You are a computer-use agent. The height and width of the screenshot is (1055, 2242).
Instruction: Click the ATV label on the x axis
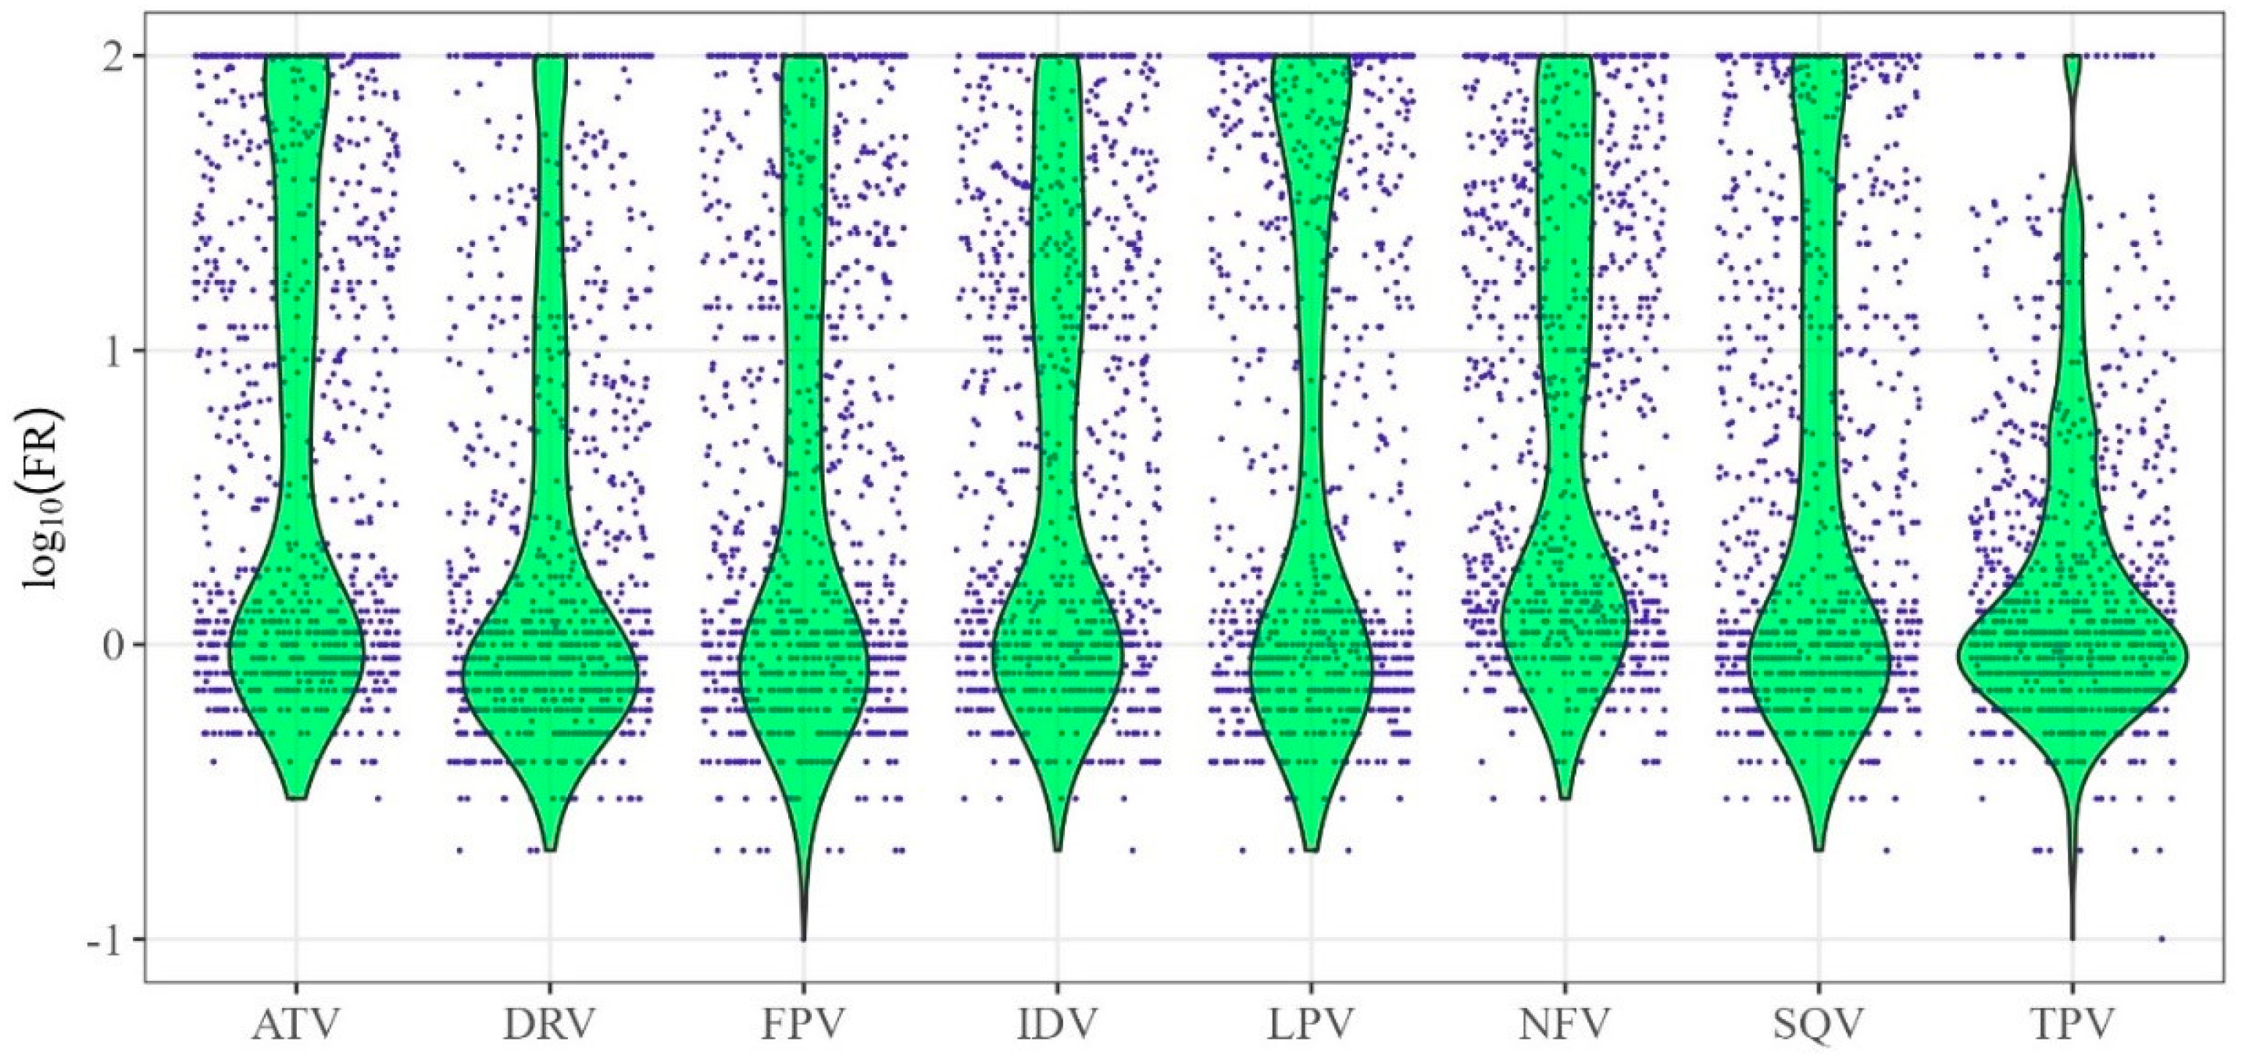[296, 1025]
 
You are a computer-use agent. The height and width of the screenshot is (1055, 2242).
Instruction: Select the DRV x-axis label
[549, 1025]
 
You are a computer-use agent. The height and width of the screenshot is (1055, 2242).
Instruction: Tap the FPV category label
[802, 1025]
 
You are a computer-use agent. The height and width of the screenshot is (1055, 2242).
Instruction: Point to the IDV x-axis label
[1057, 1025]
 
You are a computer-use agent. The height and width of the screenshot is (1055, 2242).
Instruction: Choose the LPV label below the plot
[1311, 1025]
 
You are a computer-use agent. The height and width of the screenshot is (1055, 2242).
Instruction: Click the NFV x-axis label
[1565, 1025]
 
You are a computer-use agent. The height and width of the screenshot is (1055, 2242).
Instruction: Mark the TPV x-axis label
[2072, 1025]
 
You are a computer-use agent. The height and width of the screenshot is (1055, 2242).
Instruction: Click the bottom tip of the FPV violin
[802, 939]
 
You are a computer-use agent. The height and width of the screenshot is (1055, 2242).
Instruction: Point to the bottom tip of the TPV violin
[2072, 939]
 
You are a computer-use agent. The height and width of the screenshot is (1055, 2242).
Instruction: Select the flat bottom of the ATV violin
[296, 797]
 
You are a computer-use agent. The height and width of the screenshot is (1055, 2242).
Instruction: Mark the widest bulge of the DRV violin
[549, 674]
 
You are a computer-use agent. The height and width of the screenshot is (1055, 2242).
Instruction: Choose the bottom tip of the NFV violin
[1565, 797]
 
